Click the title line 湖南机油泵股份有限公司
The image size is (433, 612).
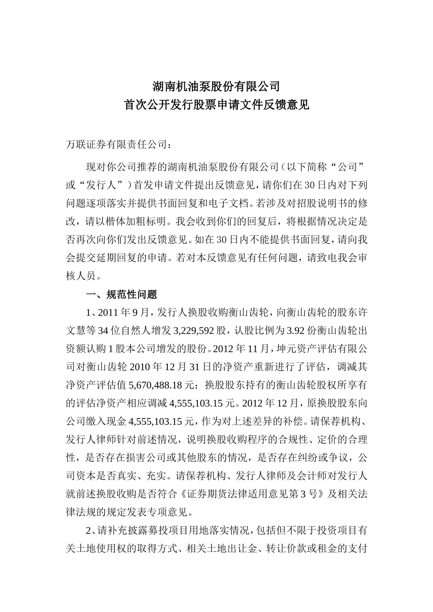click(x=216, y=86)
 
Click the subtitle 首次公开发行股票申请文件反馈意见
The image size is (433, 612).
click(x=216, y=105)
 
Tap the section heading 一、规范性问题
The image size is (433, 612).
click(x=121, y=295)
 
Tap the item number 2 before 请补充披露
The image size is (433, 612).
click(x=89, y=530)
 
